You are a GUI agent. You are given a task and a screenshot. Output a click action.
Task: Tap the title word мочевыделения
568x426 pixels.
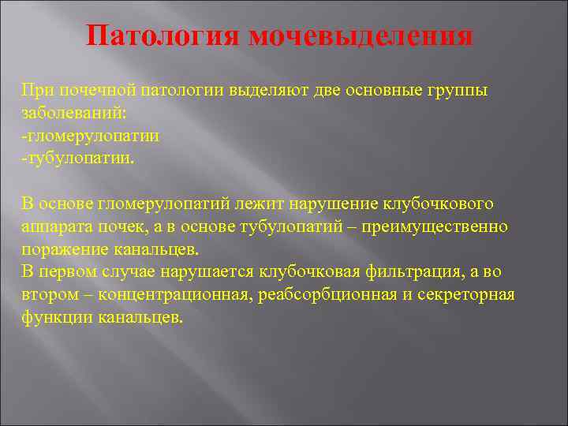pyautogui.click(x=361, y=36)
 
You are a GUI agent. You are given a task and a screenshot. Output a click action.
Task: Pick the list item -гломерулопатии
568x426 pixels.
pyautogui.click(x=91, y=136)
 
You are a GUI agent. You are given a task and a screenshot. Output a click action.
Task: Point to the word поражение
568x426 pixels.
pyautogui.click(x=59, y=249)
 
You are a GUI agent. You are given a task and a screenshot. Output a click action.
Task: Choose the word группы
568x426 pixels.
pyautogui.click(x=456, y=90)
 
